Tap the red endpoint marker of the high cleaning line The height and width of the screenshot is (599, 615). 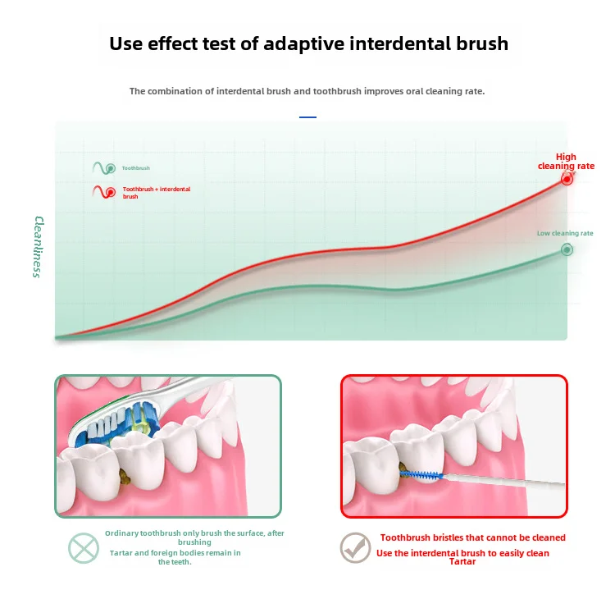[567, 179]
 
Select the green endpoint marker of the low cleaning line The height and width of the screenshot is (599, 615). [567, 249]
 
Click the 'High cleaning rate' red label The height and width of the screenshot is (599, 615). [566, 161]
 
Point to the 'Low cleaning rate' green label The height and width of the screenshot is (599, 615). [565, 233]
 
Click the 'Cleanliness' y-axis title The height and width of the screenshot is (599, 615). [37, 246]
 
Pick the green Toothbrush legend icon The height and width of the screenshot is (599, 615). [103, 167]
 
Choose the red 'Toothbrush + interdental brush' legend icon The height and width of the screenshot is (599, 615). [103, 192]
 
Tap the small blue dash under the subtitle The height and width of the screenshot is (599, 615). [307, 117]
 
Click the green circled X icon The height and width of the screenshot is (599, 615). [84, 547]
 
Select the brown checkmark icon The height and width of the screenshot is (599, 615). [355, 547]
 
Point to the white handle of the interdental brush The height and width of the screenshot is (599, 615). [508, 483]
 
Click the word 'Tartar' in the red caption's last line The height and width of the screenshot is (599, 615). [462, 562]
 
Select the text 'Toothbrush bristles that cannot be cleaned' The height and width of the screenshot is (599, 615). [472, 537]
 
